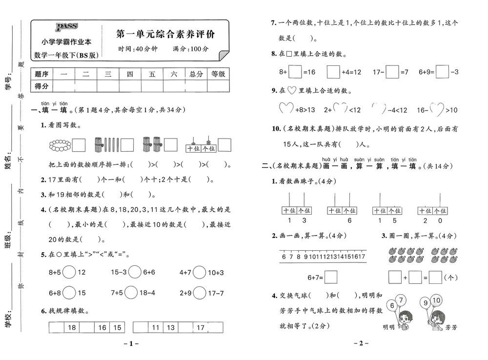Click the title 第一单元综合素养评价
165,35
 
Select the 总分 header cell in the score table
196,74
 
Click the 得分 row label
41,86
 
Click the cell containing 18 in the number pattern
72,328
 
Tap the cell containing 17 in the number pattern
201,328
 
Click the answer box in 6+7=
330,277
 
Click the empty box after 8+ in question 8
295,72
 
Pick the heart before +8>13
286,110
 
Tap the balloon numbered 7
401,300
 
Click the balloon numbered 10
436,300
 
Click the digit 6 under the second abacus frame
349,220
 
